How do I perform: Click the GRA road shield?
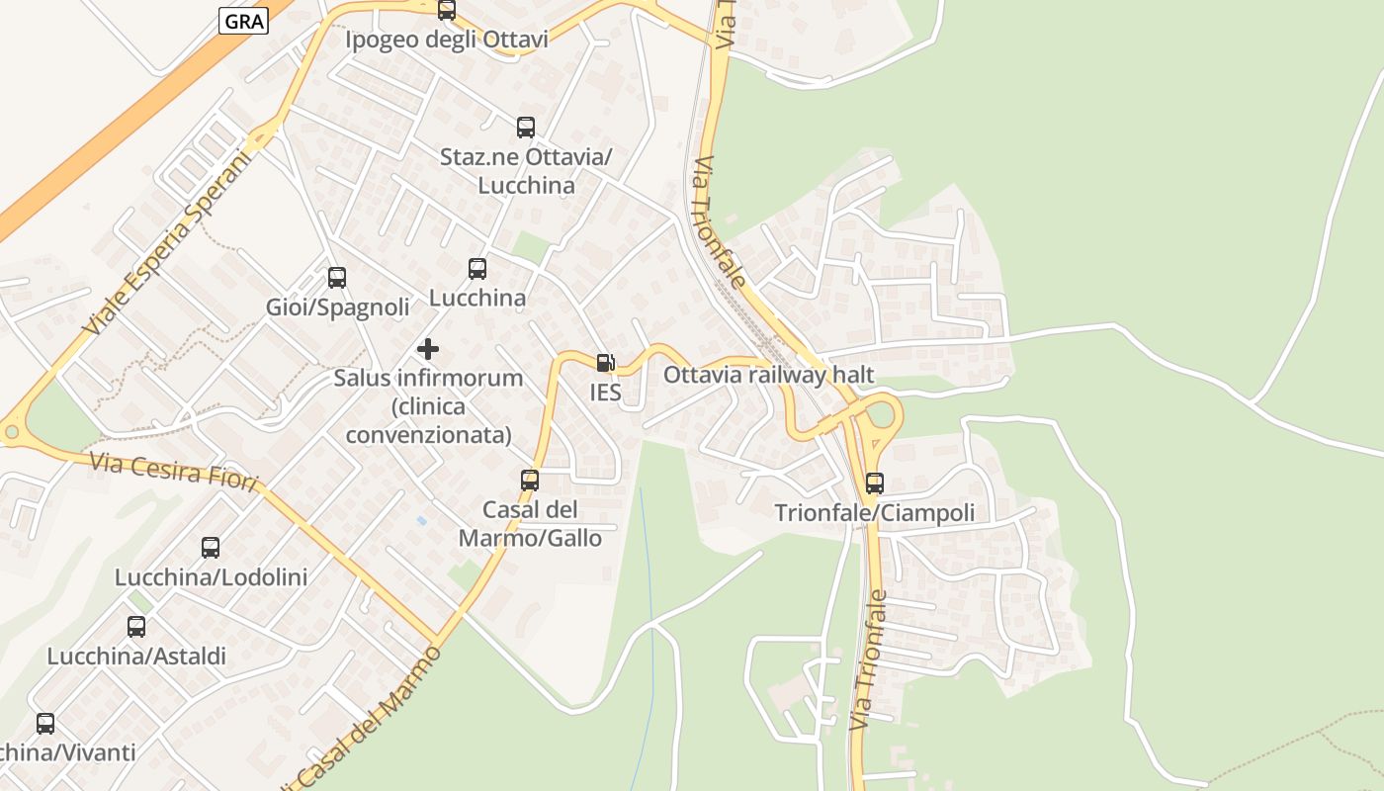coord(243,21)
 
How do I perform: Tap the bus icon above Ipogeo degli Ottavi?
coord(447,10)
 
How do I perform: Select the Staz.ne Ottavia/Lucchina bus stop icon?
coord(526,128)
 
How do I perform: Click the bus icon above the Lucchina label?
coord(477,268)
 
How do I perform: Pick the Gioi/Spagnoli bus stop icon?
coord(337,278)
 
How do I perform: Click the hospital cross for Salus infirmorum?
coord(428,349)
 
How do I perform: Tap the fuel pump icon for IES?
coord(605,363)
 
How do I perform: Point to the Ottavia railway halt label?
coord(768,375)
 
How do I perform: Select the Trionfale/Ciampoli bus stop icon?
coord(875,483)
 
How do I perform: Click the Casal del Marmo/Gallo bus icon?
coord(530,481)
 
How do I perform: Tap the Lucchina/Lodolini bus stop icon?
coord(211,548)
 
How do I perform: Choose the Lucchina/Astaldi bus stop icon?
coord(136,626)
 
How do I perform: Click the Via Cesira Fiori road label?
coord(173,473)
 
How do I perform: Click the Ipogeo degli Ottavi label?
coord(446,40)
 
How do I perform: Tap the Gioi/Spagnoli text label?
coord(337,308)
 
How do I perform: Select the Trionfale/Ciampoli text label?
coord(874,513)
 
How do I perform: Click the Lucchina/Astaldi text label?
coord(136,656)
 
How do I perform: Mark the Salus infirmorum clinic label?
coord(428,406)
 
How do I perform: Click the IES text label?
coord(605,393)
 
